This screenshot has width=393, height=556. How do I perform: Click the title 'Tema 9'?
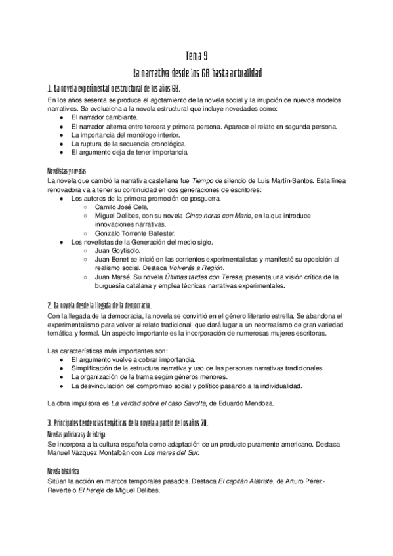196,57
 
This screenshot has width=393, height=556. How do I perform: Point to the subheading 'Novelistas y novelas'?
67,169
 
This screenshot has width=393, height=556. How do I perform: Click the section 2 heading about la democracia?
100,306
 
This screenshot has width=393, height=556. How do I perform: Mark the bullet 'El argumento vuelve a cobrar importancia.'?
133,361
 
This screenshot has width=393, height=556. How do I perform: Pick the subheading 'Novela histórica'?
63,471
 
